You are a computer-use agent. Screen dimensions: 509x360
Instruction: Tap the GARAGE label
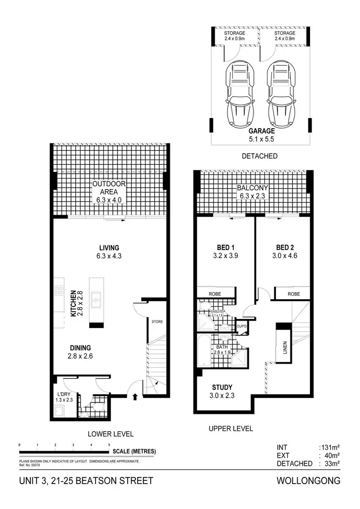[262, 131]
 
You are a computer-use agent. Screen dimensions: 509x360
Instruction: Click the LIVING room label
[109, 247]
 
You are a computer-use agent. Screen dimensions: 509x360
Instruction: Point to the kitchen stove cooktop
[60, 290]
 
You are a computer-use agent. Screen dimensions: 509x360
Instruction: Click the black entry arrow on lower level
[135, 397]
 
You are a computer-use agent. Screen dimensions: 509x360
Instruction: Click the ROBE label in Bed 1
[214, 293]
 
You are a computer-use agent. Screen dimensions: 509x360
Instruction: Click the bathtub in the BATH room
[203, 351]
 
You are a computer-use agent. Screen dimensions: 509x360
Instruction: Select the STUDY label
[222, 387]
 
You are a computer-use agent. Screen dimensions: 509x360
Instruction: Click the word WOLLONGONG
[309, 481]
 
